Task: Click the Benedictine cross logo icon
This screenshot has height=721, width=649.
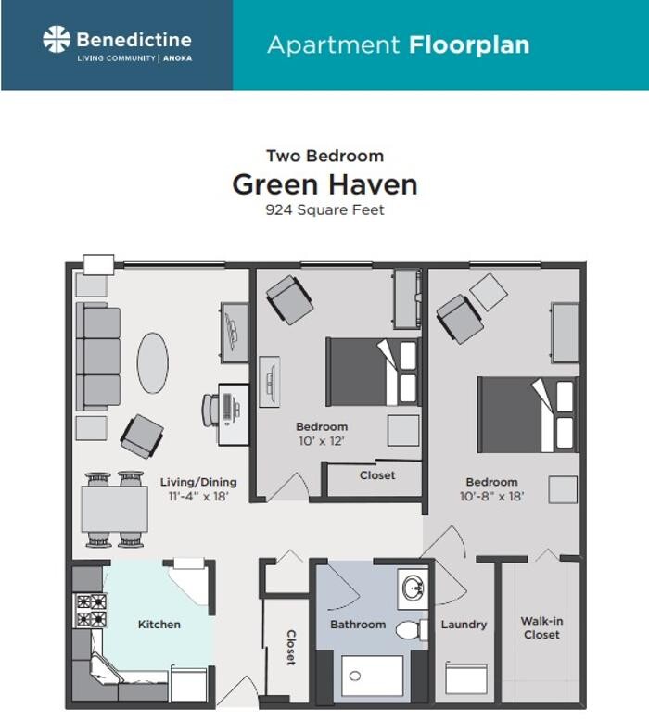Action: tap(57, 40)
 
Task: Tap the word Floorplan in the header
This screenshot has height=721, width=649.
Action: tap(466, 44)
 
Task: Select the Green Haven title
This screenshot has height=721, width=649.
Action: tap(324, 183)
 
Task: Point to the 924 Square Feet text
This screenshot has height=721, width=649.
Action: tap(324, 209)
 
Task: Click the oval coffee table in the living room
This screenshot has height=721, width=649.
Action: tap(154, 362)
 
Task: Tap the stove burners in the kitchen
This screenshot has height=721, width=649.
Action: tap(91, 610)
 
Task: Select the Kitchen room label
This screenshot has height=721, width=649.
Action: tap(159, 625)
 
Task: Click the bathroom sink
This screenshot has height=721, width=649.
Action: tap(414, 587)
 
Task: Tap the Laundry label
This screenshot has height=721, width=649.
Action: tap(464, 625)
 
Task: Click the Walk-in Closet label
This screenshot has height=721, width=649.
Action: tap(541, 627)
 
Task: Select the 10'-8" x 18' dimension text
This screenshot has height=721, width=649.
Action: tap(491, 496)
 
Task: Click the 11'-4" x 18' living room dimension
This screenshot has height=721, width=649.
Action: tap(197, 496)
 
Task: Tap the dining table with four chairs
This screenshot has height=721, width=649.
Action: tap(114, 509)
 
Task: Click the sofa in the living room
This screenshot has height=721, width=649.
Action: tap(98, 357)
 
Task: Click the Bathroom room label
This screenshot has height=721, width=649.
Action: tap(358, 625)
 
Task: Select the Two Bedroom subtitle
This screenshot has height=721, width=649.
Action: tap(324, 156)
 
